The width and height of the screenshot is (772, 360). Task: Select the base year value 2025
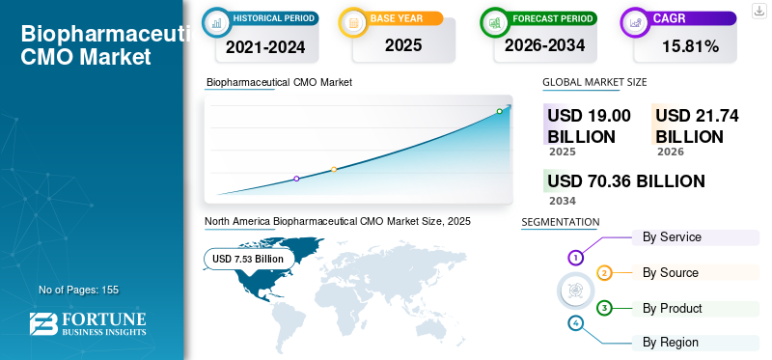(x=403, y=45)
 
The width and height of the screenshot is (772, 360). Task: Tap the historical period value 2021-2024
(x=265, y=47)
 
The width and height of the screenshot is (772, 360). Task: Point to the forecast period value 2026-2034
(x=544, y=45)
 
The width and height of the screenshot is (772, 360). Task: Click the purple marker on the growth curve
(x=296, y=179)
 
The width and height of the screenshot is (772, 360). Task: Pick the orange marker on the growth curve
(x=334, y=169)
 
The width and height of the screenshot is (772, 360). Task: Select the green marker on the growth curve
(x=499, y=111)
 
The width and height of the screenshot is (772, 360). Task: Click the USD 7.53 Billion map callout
(x=248, y=259)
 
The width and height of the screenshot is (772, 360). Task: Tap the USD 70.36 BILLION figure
(x=626, y=181)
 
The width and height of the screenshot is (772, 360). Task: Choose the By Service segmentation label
(x=672, y=236)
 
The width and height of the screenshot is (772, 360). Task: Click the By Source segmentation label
(x=670, y=272)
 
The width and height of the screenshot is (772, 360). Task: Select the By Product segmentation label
(x=672, y=308)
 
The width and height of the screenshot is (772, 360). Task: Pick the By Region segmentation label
(x=670, y=343)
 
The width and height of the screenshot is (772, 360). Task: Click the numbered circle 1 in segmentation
(x=575, y=257)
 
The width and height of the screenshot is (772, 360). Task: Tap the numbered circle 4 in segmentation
(x=575, y=323)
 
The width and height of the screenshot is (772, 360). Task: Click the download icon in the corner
(x=758, y=11)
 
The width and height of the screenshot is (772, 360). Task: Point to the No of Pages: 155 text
(x=79, y=290)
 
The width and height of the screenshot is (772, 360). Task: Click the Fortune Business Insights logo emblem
(x=43, y=323)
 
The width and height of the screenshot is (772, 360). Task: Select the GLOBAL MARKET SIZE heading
(x=594, y=82)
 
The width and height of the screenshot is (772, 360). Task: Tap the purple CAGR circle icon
(x=635, y=22)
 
